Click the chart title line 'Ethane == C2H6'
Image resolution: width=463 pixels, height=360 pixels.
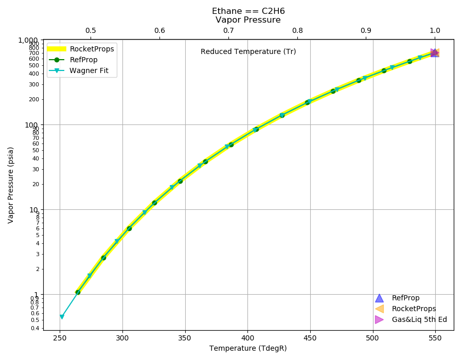(x=248, y=11)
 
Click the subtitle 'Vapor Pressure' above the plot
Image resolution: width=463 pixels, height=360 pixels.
(x=248, y=20)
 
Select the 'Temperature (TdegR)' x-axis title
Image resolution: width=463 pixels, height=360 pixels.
(x=248, y=349)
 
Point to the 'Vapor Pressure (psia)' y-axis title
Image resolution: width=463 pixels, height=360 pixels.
(x=11, y=185)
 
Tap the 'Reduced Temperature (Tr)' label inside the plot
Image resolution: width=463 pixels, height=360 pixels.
(x=248, y=51)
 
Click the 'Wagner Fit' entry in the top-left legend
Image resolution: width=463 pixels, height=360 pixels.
(x=79, y=70)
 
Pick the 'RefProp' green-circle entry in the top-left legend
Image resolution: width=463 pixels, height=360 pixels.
(x=73, y=60)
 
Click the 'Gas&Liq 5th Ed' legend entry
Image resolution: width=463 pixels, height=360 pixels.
(x=411, y=319)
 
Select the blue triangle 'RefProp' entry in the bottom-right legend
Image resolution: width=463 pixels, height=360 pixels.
(x=398, y=298)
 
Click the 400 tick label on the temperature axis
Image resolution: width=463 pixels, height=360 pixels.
(x=248, y=338)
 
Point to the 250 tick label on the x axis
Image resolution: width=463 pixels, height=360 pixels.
(x=60, y=338)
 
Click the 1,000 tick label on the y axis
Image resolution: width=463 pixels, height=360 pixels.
(x=28, y=40)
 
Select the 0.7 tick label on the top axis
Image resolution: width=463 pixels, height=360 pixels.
(x=228, y=30)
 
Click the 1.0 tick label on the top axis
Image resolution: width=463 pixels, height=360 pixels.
(x=435, y=30)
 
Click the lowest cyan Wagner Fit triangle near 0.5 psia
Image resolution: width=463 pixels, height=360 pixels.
(x=62, y=317)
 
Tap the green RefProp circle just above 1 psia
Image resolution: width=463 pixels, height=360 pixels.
(x=78, y=292)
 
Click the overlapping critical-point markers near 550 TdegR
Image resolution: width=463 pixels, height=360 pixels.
(x=435, y=53)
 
